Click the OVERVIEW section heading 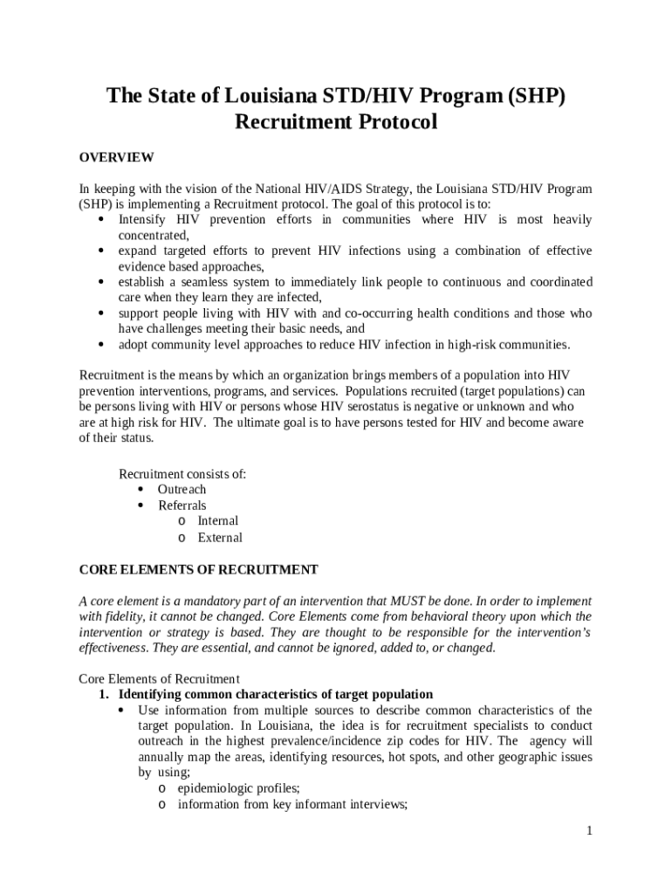click(x=116, y=157)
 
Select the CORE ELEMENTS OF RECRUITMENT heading click(x=198, y=570)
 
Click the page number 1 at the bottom click(x=590, y=831)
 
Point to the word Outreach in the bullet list click(x=182, y=490)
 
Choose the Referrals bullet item click(x=182, y=505)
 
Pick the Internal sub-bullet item click(x=217, y=521)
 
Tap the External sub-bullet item click(x=219, y=538)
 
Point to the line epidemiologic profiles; click(x=226, y=788)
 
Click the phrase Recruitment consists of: click(x=182, y=474)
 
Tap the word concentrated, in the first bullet click(x=154, y=236)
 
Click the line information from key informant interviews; click(x=291, y=804)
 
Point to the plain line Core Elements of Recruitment click(x=159, y=678)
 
